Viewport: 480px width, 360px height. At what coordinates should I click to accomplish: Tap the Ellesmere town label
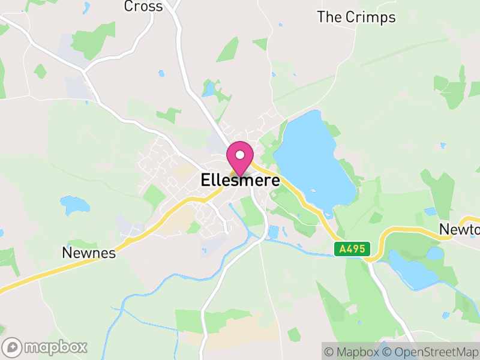pos(240,180)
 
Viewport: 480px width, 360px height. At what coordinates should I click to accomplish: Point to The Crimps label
pos(356,17)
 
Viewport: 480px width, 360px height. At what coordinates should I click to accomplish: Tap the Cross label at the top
pos(143,7)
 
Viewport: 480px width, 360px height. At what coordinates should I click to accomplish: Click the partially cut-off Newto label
pos(460,229)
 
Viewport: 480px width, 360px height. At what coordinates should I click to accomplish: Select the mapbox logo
pos(45,347)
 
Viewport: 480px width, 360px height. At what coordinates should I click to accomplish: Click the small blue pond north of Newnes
pos(74,205)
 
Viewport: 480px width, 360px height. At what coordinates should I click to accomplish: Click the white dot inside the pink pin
pos(240,155)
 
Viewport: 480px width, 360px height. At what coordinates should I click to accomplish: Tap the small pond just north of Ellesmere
pos(209,90)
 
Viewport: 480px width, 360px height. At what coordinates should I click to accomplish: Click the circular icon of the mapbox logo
pos(12,347)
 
